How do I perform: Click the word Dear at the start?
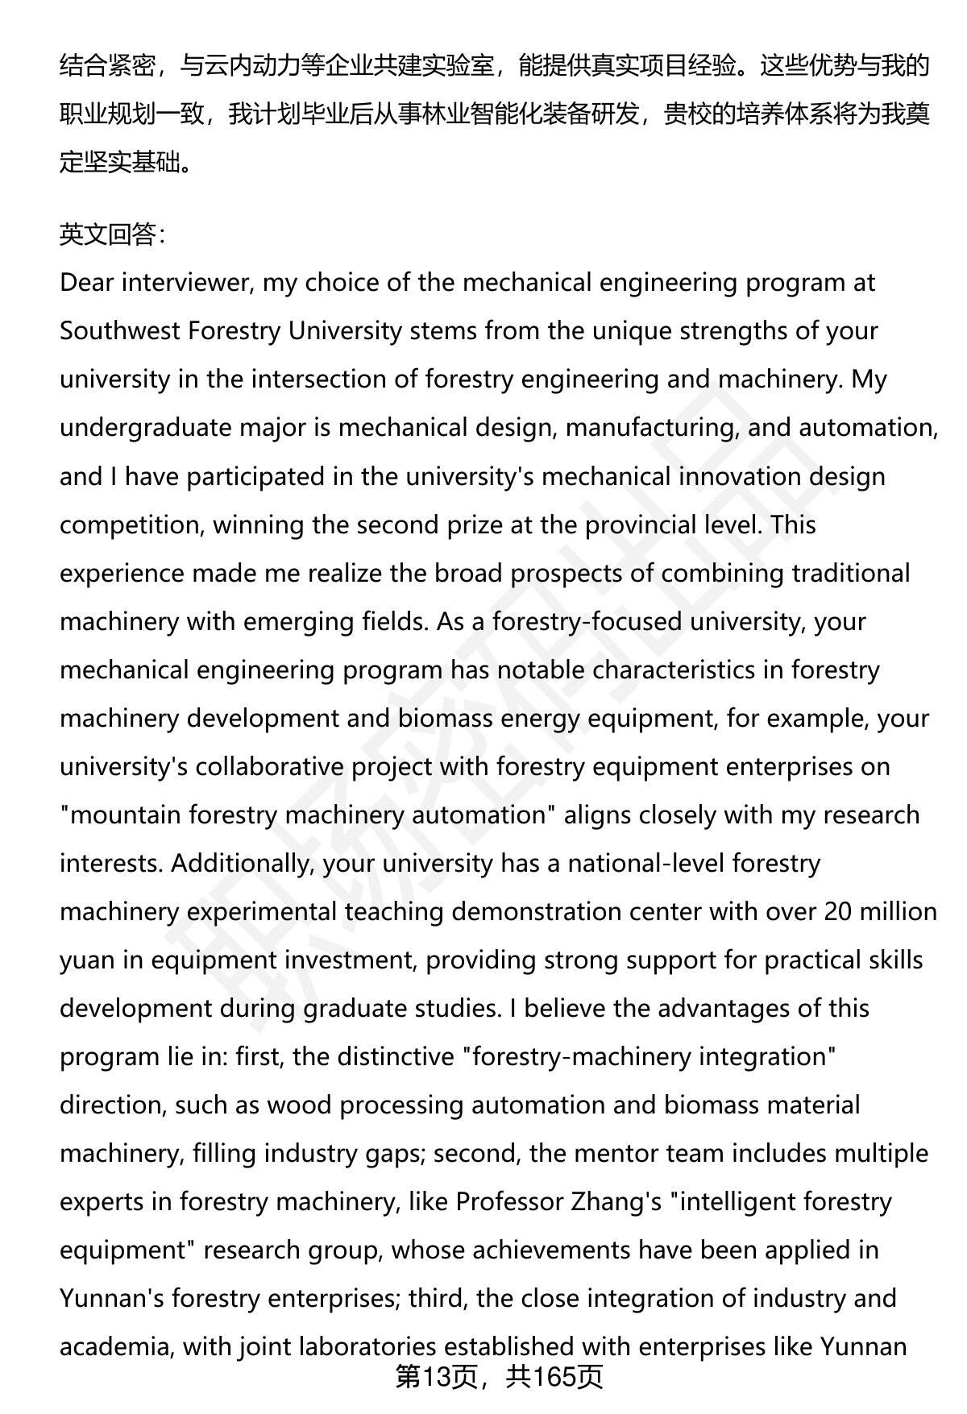87,283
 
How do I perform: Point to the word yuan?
87,960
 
